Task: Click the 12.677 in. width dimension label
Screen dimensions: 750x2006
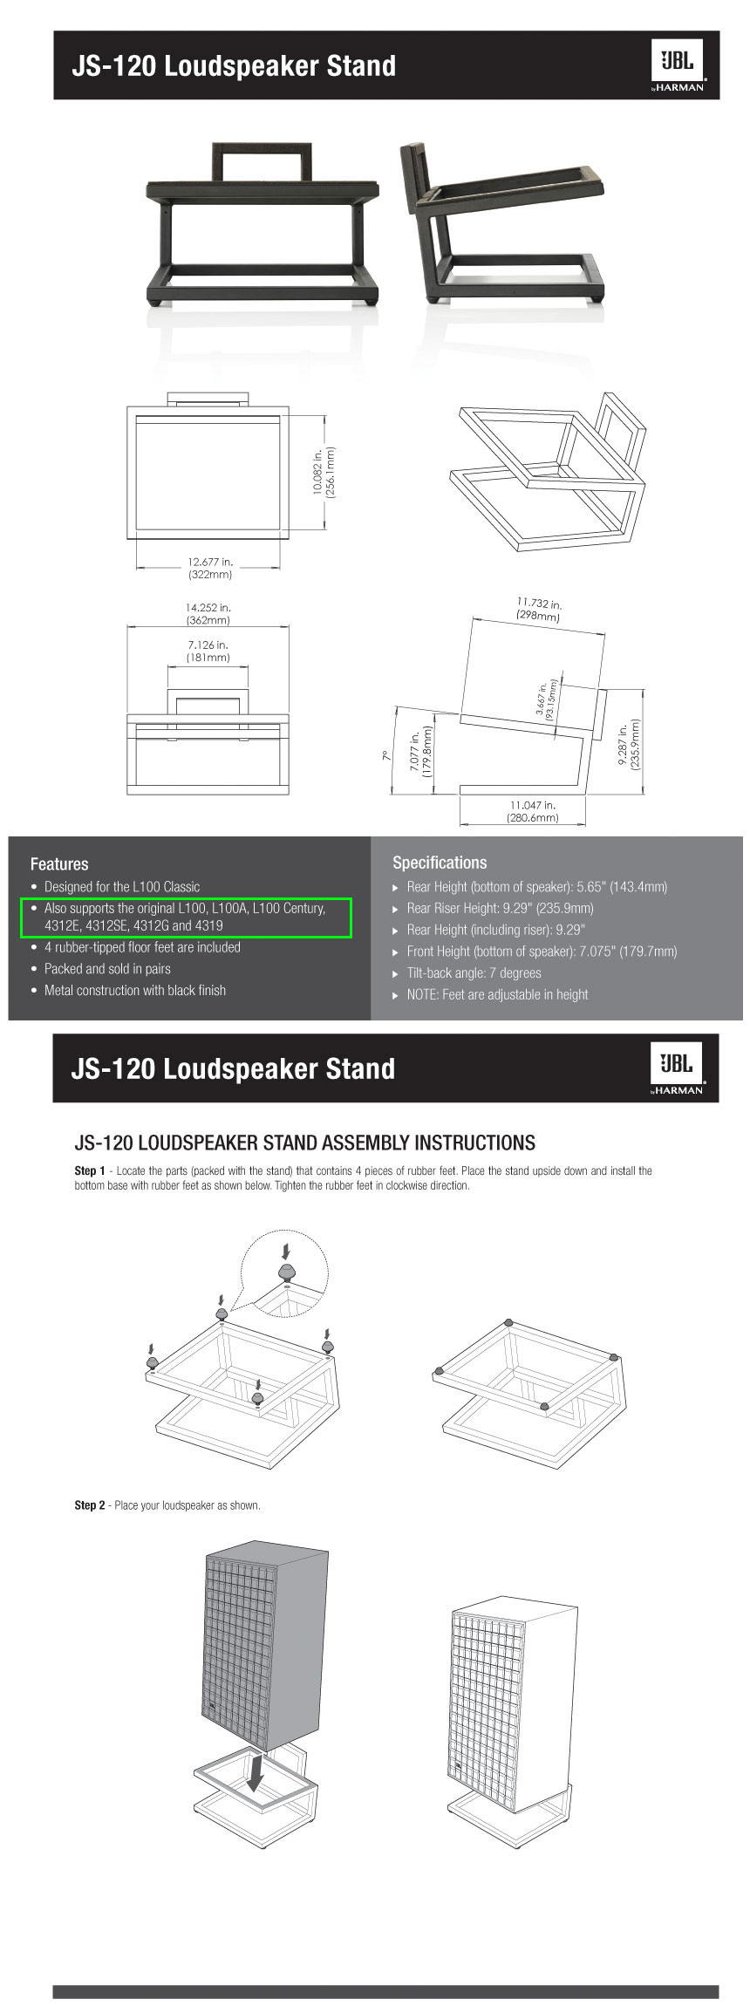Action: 210,568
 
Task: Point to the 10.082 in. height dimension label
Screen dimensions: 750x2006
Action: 324,472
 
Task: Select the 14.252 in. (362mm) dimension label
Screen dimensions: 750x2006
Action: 208,613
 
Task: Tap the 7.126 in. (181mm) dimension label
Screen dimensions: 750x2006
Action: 208,651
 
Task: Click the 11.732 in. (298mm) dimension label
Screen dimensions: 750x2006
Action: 538,609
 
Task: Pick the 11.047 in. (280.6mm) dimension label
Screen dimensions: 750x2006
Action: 532,811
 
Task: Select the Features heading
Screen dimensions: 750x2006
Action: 59,863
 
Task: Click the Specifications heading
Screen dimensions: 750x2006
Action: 440,863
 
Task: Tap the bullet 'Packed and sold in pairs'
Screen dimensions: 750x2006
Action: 107,968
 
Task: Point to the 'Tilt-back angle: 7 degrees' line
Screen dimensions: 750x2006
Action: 474,972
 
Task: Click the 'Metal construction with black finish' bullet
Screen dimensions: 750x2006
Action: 135,990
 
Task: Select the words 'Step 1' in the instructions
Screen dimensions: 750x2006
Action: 90,1170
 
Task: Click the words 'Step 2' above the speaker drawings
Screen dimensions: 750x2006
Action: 90,1504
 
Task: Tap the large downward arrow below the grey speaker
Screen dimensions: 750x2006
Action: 256,1772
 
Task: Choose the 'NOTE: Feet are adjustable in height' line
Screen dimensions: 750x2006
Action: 497,994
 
